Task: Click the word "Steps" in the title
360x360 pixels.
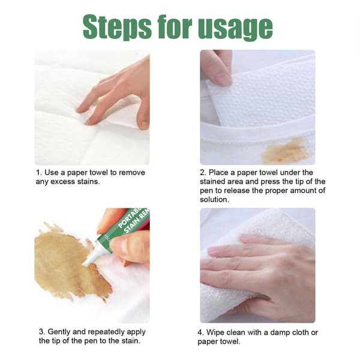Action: [x=117, y=27]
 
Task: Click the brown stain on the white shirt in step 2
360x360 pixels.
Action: [x=286, y=150]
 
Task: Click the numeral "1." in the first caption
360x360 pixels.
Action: [x=39, y=172]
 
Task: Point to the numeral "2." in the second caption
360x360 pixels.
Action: [x=203, y=172]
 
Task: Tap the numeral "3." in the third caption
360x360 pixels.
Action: [x=42, y=332]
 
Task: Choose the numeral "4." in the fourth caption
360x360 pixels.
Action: [x=201, y=332]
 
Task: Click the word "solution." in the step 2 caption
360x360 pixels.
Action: [x=214, y=200]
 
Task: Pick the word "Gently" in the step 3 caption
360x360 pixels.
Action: [x=59, y=332]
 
